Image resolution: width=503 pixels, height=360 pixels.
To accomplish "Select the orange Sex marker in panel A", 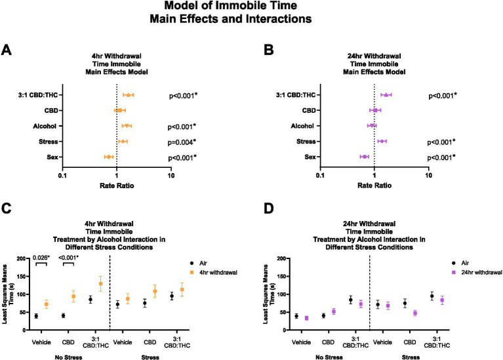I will (109, 157).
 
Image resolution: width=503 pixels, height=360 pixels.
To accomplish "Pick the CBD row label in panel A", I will (48, 111).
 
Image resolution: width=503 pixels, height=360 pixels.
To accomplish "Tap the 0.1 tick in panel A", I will (62, 174).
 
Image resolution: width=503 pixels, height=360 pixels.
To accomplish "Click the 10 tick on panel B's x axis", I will (429, 174).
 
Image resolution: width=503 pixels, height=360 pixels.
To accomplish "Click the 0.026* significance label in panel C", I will (41, 258).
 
